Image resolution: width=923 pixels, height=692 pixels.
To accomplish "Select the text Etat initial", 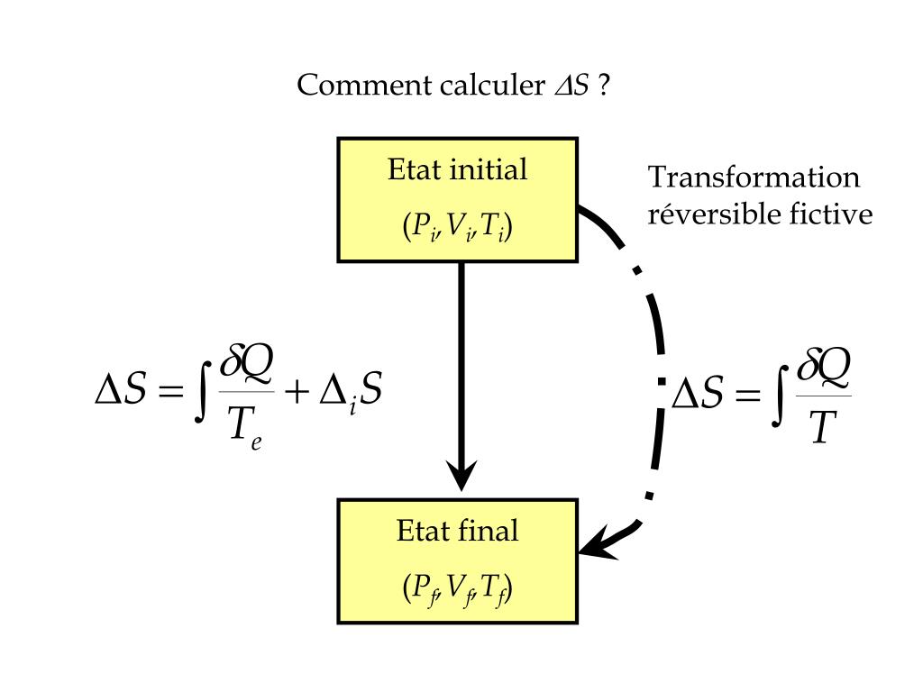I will point(457,170).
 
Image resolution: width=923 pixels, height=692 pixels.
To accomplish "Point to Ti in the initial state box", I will point(492,228).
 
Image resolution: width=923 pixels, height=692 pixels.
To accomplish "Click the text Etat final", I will point(457,531).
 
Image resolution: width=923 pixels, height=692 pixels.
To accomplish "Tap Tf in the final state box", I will point(494,589).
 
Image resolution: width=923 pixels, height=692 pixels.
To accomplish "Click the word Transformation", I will point(754,178).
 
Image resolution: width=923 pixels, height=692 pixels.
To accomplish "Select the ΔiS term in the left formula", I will point(352,395).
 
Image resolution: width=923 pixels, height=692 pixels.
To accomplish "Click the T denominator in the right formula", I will point(819,430).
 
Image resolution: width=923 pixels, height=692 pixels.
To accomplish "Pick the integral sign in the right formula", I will point(781,394).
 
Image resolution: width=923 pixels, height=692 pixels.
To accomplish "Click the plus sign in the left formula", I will point(297,396).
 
